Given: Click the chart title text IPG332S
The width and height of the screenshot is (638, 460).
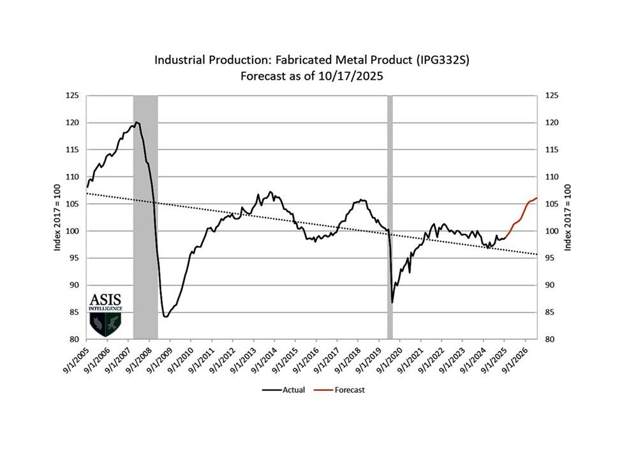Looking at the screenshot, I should (x=447, y=60).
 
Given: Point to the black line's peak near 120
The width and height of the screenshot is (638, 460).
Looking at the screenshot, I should (x=137, y=122).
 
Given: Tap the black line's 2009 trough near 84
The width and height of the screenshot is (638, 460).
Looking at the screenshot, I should (x=165, y=316).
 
